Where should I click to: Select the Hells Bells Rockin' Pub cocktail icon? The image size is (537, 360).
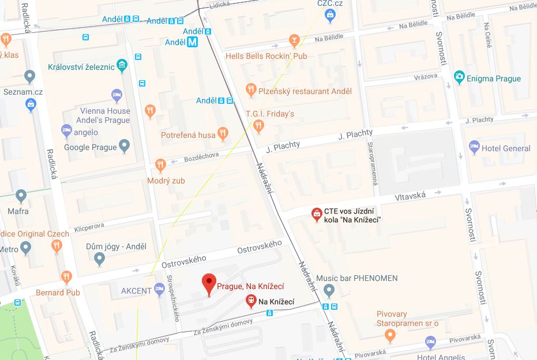tap(295, 41)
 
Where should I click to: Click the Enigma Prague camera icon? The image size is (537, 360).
tap(459, 77)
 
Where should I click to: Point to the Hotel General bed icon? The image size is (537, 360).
tap(474, 147)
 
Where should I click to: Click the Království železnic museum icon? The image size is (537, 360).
tap(122, 65)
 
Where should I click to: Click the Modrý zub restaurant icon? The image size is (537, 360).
tap(161, 166)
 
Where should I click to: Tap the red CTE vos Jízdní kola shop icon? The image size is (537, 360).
tap(317, 215)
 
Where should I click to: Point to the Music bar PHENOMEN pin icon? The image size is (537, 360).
tap(329, 290)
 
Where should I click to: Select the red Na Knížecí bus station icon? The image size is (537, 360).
tap(251, 301)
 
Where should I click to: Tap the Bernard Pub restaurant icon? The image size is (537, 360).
tap(67, 277)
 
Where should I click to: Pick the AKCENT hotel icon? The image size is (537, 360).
tap(160, 290)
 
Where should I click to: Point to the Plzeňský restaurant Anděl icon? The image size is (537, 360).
tap(250, 90)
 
